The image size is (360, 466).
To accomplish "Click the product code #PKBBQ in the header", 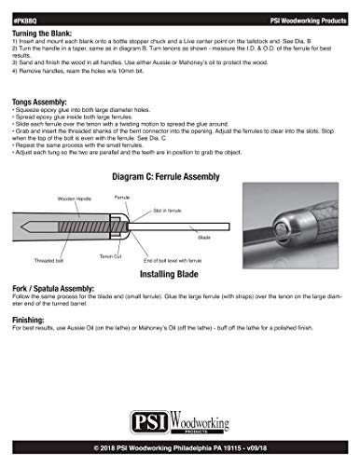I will [26, 7].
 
